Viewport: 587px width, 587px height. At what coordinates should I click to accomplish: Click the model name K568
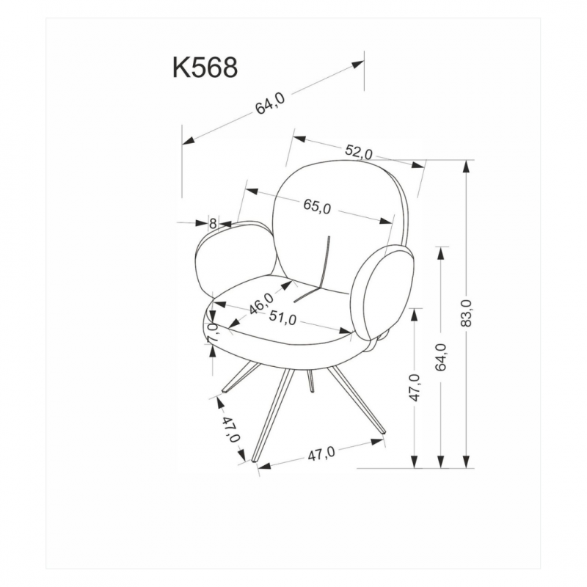205,68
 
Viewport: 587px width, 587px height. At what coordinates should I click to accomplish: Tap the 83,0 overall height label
466,313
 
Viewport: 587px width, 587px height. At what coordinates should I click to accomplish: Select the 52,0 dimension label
359,152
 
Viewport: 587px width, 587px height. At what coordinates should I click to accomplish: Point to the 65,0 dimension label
317,206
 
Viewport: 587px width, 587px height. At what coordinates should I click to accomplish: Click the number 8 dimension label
213,224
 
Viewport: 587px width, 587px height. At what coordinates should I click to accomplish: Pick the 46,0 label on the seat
262,304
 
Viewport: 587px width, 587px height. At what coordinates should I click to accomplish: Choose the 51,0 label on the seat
282,318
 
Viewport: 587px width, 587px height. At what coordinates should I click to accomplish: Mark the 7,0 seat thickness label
212,332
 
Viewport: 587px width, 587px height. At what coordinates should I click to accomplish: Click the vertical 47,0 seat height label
415,387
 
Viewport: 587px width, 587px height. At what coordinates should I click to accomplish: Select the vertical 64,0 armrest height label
441,357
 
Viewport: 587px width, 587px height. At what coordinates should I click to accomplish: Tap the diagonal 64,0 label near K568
270,103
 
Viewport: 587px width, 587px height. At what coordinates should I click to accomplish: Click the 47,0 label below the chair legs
321,454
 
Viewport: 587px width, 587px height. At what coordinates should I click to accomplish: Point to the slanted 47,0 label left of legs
230,429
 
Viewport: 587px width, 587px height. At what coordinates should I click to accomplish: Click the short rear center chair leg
310,381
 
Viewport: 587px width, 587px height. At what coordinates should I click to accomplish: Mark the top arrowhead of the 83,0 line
466,167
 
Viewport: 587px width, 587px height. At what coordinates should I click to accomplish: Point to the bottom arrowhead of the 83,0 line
466,462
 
